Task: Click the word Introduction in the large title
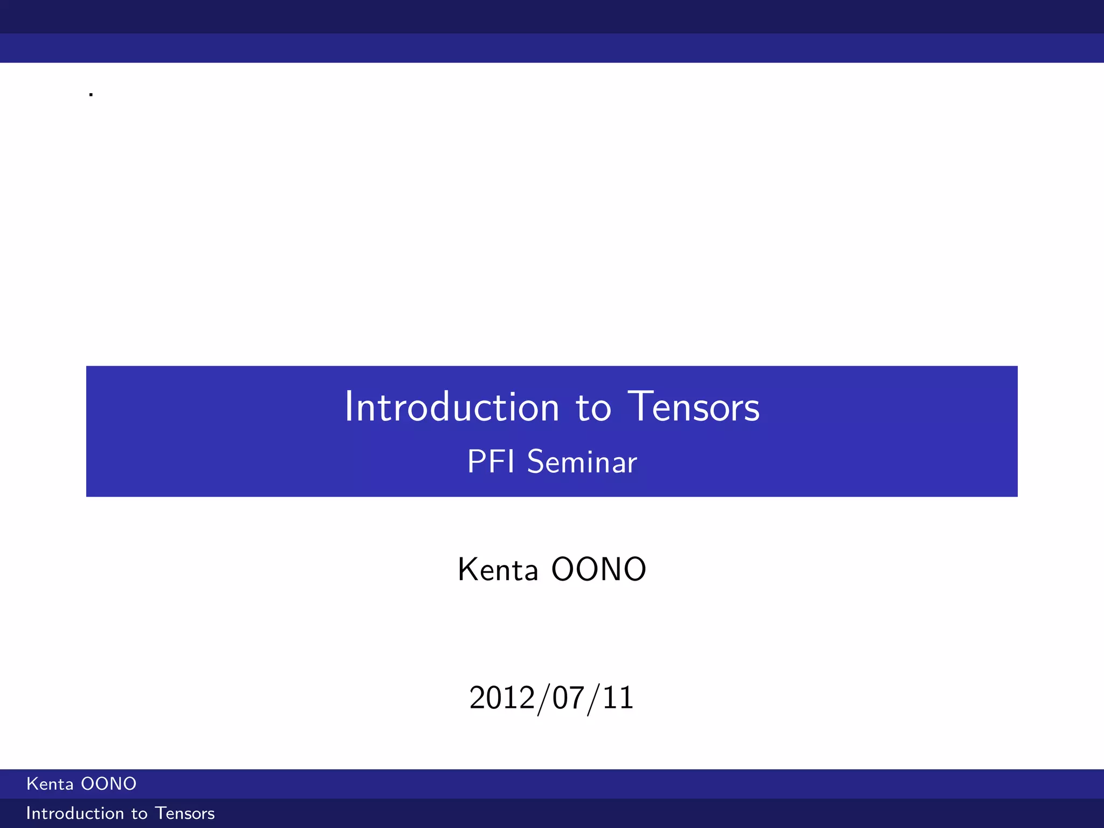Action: [452, 407]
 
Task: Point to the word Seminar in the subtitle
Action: [582, 462]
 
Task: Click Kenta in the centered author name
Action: [498, 570]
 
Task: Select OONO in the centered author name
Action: [599, 569]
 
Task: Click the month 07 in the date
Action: [569, 698]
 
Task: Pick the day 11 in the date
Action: [618, 698]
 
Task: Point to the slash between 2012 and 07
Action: [544, 699]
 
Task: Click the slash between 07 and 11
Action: [594, 699]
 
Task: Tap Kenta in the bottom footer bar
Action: [50, 784]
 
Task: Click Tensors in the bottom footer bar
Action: [185, 813]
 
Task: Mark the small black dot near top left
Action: [91, 95]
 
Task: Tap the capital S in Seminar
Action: [536, 462]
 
